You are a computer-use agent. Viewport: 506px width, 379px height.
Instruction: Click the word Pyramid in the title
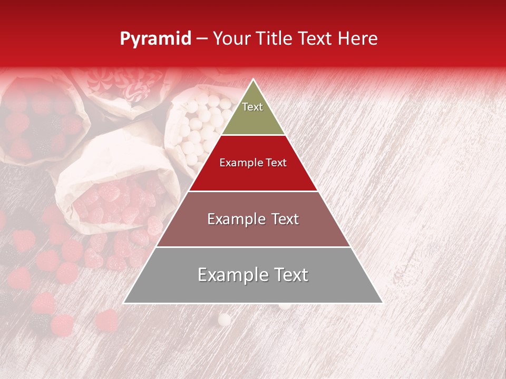click(x=155, y=39)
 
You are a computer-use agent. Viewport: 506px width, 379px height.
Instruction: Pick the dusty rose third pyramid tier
click(x=253, y=232)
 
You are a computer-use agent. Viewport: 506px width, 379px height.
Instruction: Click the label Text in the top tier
click(x=252, y=107)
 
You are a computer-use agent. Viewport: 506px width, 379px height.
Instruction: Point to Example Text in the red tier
click(x=253, y=163)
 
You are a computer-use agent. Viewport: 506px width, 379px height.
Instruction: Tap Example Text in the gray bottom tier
click(x=253, y=275)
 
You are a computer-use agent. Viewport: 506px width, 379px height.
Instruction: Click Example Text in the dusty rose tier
click(x=253, y=219)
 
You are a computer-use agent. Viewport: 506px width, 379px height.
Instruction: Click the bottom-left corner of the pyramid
click(x=124, y=303)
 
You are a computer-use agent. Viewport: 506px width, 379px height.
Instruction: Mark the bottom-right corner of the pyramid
click(x=382, y=303)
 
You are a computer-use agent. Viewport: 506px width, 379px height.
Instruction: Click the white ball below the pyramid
click(x=225, y=319)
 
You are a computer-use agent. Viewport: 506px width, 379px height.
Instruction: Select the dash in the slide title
click(x=202, y=39)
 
